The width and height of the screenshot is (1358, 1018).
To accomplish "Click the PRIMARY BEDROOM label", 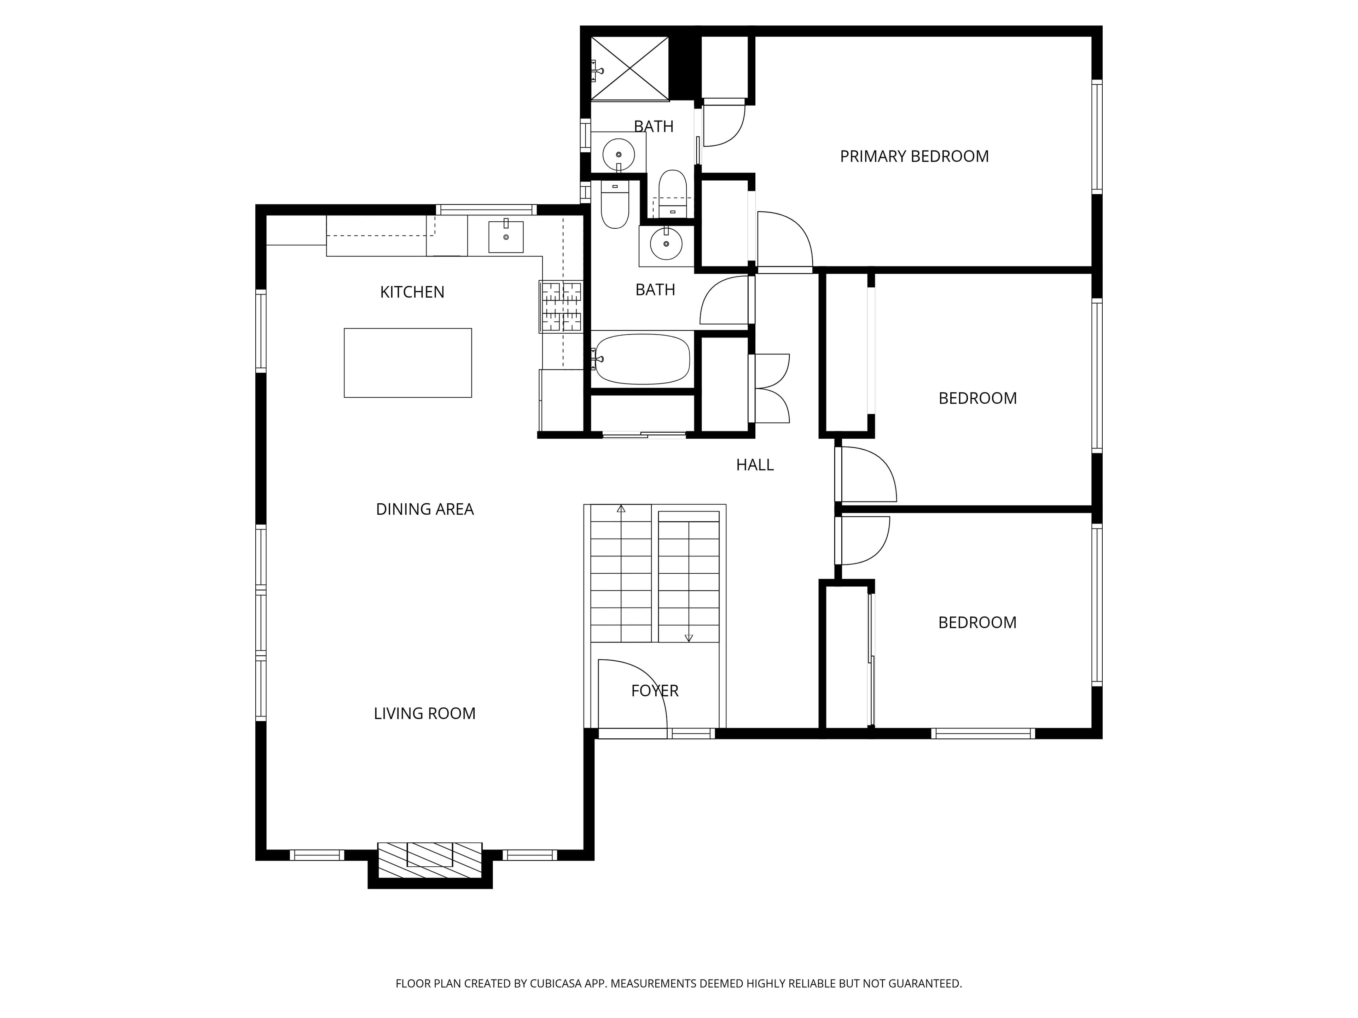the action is pyautogui.click(x=914, y=157).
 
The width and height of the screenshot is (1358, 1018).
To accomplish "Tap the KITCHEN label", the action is pyautogui.click(x=412, y=292).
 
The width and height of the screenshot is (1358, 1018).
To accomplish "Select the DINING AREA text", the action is pyautogui.click(x=425, y=509).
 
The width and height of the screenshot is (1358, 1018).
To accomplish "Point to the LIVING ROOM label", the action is pyautogui.click(x=425, y=714).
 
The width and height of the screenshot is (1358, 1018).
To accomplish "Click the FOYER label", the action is pyautogui.click(x=655, y=691).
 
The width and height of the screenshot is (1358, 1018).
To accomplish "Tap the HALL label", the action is pyautogui.click(x=755, y=465).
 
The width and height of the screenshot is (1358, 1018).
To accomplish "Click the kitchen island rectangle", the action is pyautogui.click(x=408, y=363).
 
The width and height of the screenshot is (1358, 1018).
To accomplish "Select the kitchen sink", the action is pyautogui.click(x=506, y=236).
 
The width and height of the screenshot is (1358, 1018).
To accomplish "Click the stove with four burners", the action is pyautogui.click(x=561, y=307).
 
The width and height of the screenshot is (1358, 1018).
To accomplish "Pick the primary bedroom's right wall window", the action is pyautogui.click(x=1097, y=137).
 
